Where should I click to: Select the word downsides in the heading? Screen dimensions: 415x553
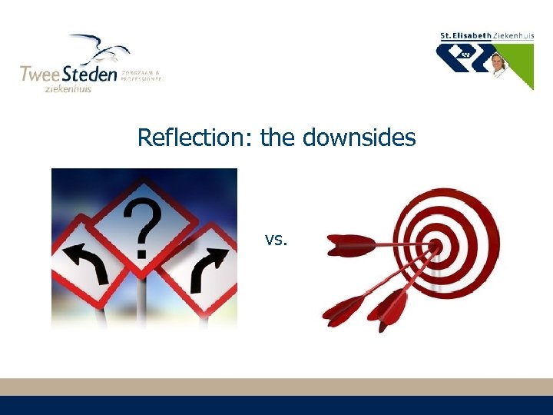[x=359, y=138]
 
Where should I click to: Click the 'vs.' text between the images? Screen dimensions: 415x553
[x=276, y=239]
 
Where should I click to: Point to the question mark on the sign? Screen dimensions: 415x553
[x=141, y=226]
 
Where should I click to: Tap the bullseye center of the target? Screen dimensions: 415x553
[x=435, y=244]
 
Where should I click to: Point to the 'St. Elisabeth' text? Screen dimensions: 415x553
[x=465, y=35]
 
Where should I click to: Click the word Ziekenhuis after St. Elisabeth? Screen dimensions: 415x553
[x=514, y=35]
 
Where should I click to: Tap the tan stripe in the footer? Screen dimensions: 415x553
[x=276, y=387]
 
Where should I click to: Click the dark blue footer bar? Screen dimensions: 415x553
[x=276, y=406]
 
